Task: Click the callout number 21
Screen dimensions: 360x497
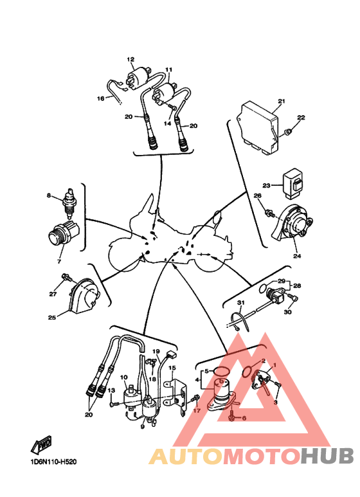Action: click(282, 102)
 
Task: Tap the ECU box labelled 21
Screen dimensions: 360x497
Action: click(258, 128)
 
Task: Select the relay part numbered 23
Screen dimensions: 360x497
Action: click(293, 183)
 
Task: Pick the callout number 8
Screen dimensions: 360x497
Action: click(49, 195)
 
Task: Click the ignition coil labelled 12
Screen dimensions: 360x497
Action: click(138, 78)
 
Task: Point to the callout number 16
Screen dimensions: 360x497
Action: click(100, 98)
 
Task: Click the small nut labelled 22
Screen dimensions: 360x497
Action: click(288, 132)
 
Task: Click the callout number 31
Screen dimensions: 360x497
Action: click(241, 303)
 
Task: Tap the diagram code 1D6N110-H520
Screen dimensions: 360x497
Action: click(53, 462)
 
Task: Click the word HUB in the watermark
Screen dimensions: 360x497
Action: click(327, 456)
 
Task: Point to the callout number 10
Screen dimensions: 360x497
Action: click(123, 377)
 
